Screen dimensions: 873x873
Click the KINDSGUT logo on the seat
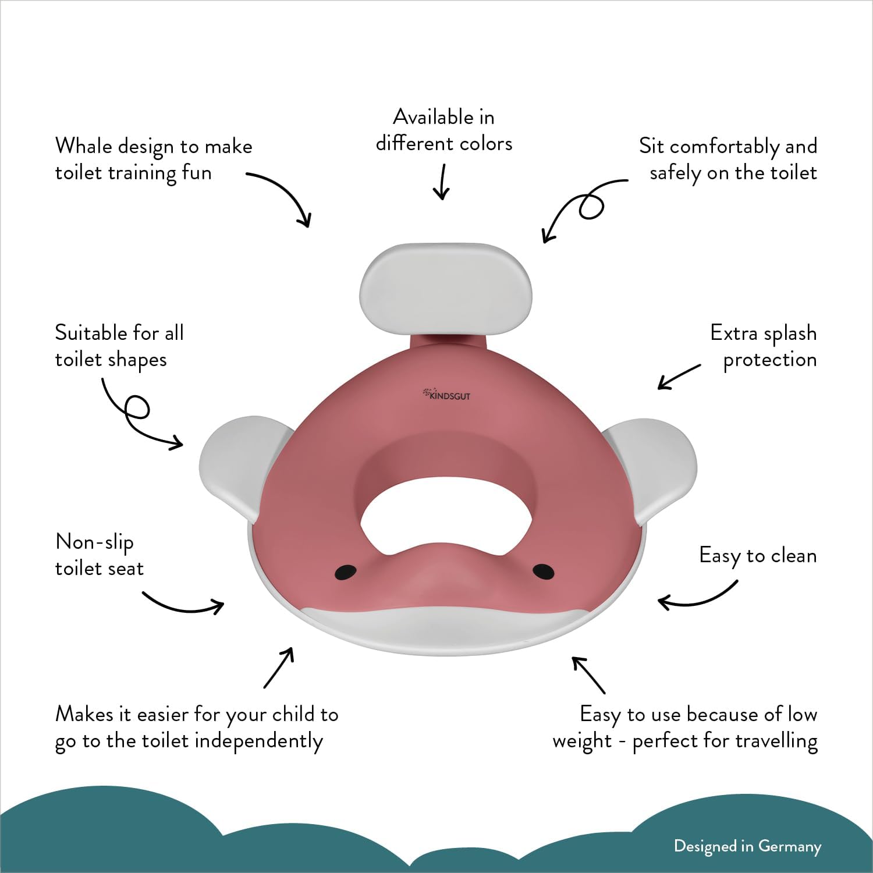(446, 395)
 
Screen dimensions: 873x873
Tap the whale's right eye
(544, 572)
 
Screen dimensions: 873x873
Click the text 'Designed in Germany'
(747, 846)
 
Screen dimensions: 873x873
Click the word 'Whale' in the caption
(84, 145)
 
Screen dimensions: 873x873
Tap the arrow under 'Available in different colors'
(442, 182)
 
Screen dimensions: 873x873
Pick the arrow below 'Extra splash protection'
(679, 377)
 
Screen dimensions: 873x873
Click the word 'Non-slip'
(94, 542)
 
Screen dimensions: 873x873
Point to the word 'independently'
(259, 741)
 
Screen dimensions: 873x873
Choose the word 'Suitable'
(92, 333)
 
